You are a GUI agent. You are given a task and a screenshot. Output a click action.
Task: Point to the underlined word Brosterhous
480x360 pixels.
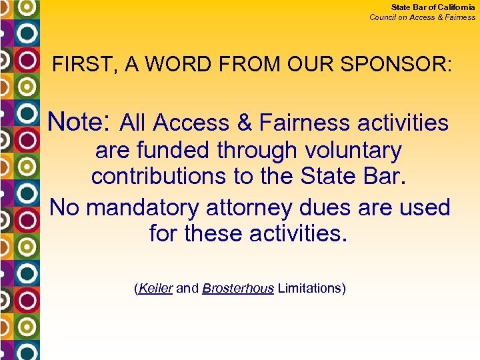tap(238, 289)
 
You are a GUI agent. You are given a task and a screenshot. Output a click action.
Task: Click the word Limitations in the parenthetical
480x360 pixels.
tap(309, 289)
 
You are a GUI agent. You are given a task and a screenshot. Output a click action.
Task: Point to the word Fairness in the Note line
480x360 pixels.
tap(303, 123)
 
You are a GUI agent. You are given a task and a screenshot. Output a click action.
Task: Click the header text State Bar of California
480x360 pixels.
tap(433, 7)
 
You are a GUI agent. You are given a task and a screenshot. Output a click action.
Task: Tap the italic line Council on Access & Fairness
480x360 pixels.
tap(423, 17)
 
